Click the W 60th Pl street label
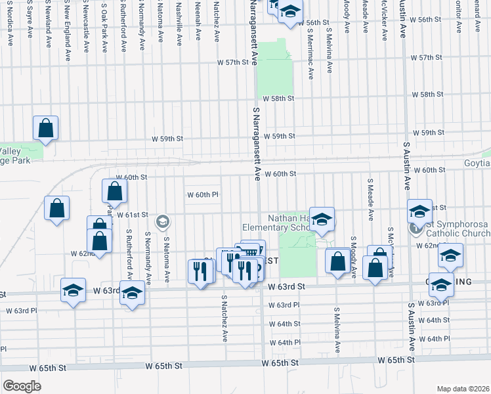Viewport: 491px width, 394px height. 202,194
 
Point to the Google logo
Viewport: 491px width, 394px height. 22,385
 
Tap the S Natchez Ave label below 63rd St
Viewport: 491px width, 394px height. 224,318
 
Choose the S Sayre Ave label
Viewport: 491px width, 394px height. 29,24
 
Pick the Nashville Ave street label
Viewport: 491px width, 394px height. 179,24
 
